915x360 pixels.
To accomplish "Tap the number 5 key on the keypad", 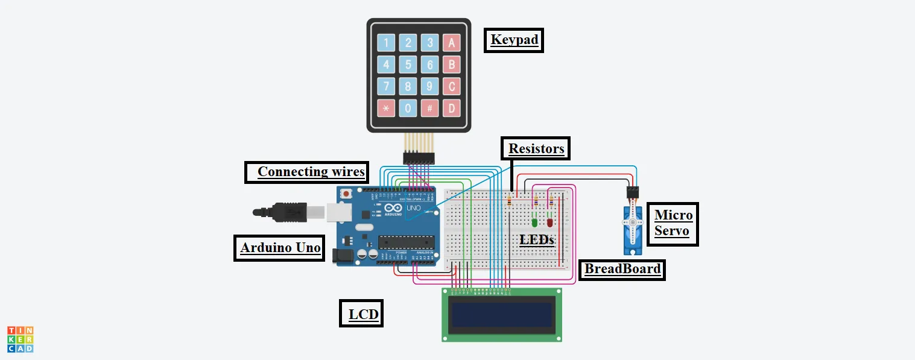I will tap(408, 65).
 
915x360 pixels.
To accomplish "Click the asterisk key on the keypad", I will tap(387, 109).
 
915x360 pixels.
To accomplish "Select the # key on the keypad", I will tap(429, 109).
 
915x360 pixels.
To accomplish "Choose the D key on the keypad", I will tap(451, 109).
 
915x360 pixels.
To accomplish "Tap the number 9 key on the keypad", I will tap(429, 86).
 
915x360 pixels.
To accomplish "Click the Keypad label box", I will tap(514, 40).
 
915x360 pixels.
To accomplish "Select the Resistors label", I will tap(536, 149).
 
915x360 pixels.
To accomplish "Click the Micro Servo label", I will tap(673, 224).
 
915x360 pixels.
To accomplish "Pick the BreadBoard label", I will tap(622, 269).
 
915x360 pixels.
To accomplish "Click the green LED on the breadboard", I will tap(534, 222).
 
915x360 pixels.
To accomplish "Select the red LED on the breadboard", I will tap(549, 222).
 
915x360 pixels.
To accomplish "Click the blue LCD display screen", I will tap(502, 314).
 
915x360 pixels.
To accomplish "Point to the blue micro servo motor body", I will tap(632, 229).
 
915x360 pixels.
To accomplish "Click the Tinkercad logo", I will tap(20, 339).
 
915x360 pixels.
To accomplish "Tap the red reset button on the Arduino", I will tap(346, 194).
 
